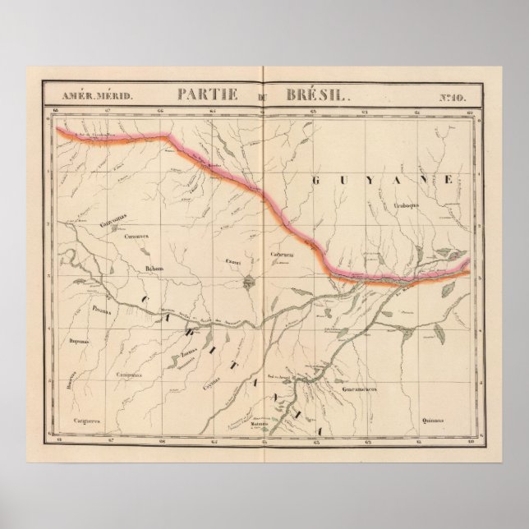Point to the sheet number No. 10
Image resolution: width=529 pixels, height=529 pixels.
coord(452,96)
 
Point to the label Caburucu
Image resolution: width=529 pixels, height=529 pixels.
coord(283,255)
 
